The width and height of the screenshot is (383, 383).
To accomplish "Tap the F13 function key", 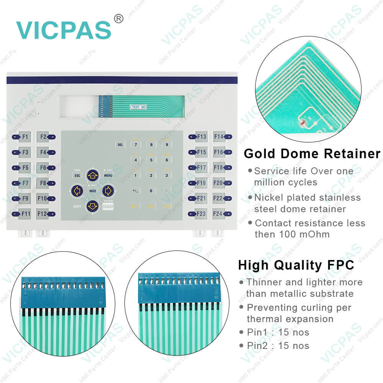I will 201,137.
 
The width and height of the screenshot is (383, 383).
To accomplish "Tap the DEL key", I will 120,144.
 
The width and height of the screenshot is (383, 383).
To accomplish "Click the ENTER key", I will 108,206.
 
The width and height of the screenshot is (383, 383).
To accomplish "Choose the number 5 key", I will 151,160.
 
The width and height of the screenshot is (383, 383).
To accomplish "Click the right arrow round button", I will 108,190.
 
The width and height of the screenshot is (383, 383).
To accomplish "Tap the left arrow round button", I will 77,190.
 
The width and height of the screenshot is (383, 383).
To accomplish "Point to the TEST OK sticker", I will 138,107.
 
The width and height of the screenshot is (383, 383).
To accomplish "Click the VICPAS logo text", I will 63,29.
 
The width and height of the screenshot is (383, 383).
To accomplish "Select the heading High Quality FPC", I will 296,265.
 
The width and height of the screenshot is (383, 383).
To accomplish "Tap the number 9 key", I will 166,144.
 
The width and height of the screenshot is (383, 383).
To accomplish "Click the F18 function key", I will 219,167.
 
